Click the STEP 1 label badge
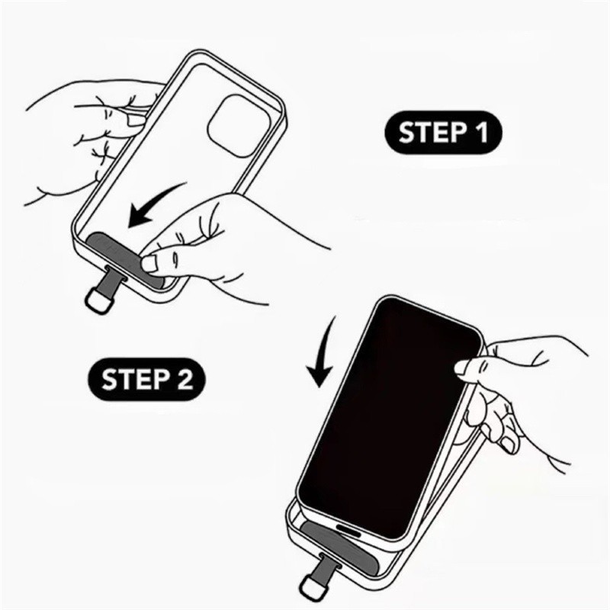(x=443, y=133)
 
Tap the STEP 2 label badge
(x=146, y=379)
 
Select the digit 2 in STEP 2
(x=185, y=379)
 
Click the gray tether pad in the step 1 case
(x=124, y=258)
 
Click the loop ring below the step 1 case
(x=98, y=300)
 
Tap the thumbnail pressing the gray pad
(x=149, y=264)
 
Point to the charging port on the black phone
(x=348, y=529)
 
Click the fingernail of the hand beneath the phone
(x=507, y=445)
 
